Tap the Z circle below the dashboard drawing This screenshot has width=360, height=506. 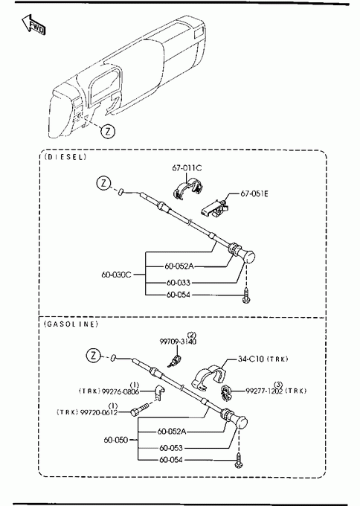pos(108,132)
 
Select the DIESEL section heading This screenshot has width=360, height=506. pos(65,157)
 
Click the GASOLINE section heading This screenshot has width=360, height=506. pos(71,324)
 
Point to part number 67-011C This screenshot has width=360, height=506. pos(187,168)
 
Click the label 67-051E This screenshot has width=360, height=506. pos(254,193)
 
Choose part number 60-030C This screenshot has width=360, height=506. pos(117,275)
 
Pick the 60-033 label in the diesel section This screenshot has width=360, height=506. pos(179,283)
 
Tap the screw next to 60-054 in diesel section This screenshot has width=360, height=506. pos(246,296)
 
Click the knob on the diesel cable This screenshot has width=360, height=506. pos(248,257)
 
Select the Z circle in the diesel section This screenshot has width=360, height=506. pos(103,183)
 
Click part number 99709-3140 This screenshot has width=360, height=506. pos(178,342)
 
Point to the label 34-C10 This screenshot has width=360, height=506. pos(251,359)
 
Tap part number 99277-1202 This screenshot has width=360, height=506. pos(264,391)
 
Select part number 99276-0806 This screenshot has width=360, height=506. pos(120,391)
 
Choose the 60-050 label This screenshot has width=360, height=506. pos(116,440)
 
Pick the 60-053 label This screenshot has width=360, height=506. pos(171,448)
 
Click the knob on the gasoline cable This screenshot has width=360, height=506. pos(240,422)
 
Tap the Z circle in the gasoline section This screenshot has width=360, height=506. pos(94,355)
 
